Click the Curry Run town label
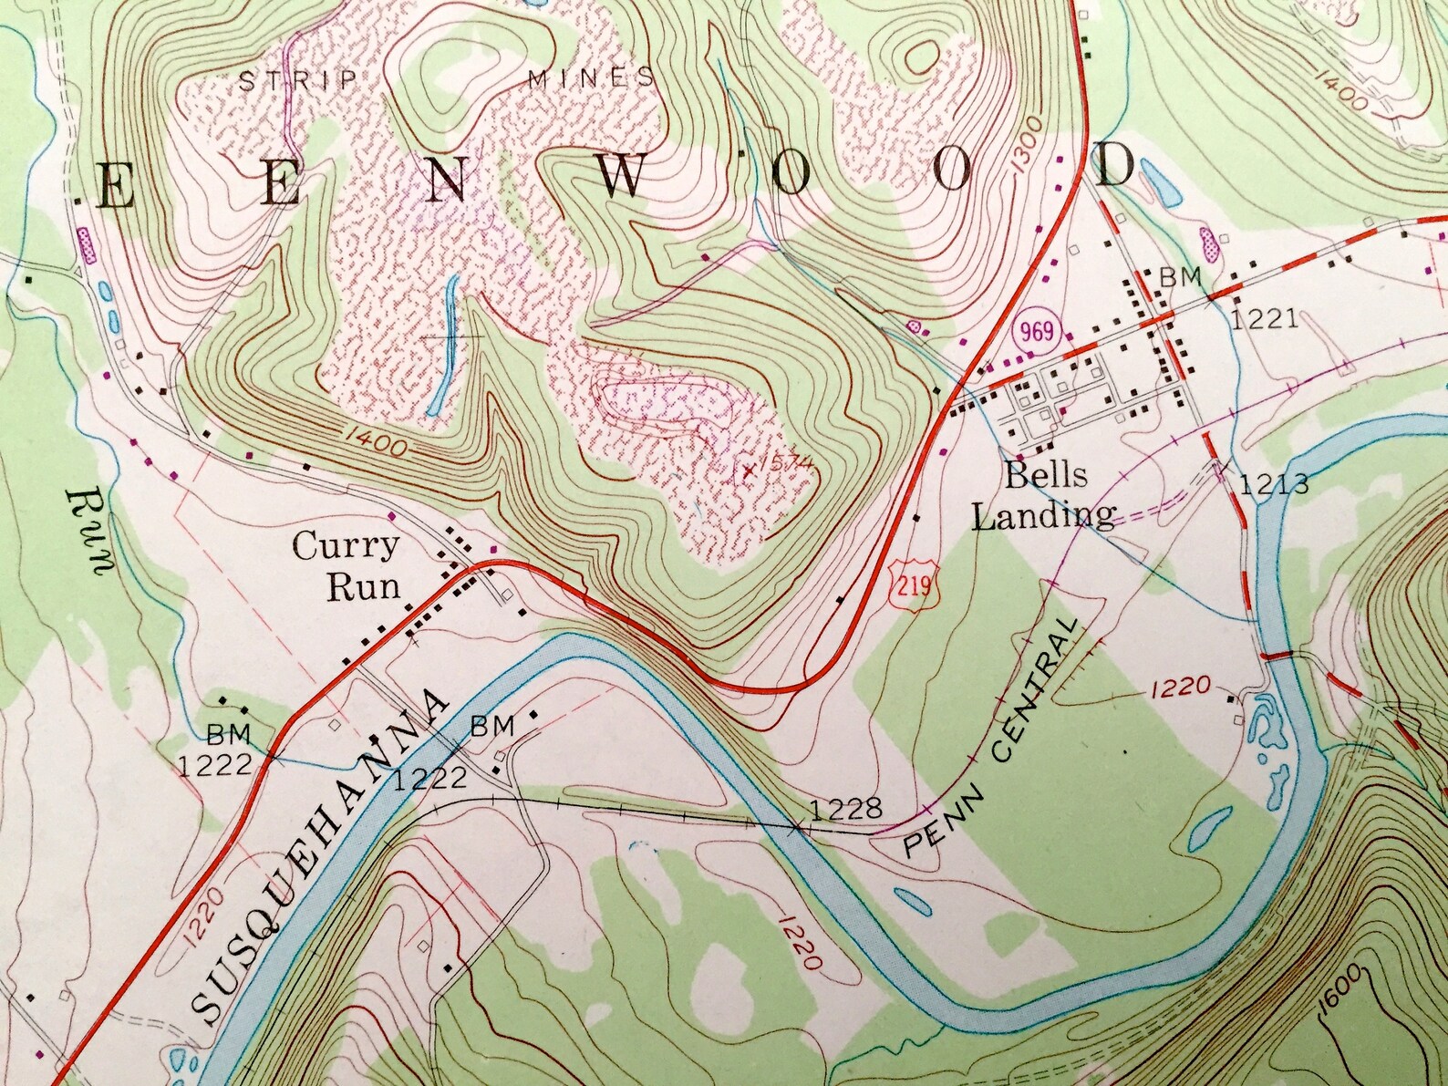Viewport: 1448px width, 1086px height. pyautogui.click(x=347, y=565)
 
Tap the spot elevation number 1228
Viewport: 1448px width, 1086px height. pyautogui.click(x=845, y=808)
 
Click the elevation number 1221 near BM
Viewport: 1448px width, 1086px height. pyautogui.click(x=1265, y=318)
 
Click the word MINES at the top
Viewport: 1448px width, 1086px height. pyautogui.click(x=591, y=78)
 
